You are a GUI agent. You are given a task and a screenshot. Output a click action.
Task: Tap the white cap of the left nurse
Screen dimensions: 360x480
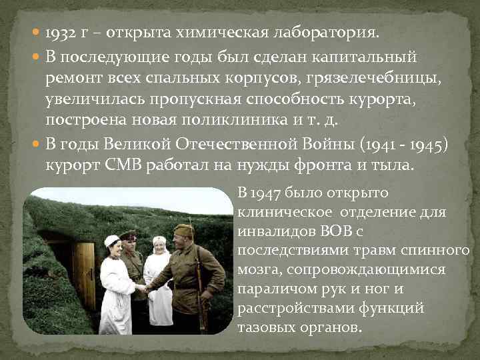(x=112, y=240)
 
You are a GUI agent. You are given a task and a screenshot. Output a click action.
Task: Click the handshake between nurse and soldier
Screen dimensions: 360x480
(x=141, y=288)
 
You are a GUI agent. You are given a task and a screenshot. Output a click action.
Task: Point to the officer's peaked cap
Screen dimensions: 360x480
(x=129, y=235)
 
